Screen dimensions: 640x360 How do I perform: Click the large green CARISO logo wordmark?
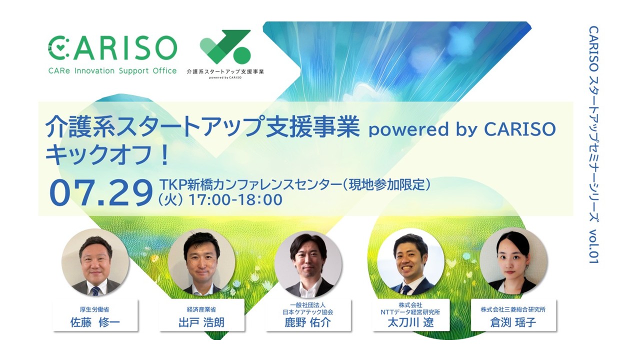coord(112,48)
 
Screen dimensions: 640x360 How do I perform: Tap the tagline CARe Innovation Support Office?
coord(112,71)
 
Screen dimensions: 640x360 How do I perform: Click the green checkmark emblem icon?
coord(225,47)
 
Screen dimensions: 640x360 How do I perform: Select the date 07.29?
coord(101,193)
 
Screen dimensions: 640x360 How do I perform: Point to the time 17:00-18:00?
coord(235,199)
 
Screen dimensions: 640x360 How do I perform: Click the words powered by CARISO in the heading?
coord(462,129)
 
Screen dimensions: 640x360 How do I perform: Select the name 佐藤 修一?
coord(95,322)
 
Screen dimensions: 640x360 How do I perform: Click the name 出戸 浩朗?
coord(201,322)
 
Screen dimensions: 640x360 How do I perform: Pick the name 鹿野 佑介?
coord(307,322)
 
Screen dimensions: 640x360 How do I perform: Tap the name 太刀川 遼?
coord(410,322)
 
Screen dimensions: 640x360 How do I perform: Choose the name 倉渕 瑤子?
coord(513,322)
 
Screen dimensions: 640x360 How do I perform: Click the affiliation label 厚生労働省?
coord(94,309)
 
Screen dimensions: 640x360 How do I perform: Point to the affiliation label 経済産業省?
coord(201,309)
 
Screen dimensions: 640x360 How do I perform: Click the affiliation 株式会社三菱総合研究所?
coord(513,309)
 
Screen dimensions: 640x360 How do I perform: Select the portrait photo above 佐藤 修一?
coord(95,261)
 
